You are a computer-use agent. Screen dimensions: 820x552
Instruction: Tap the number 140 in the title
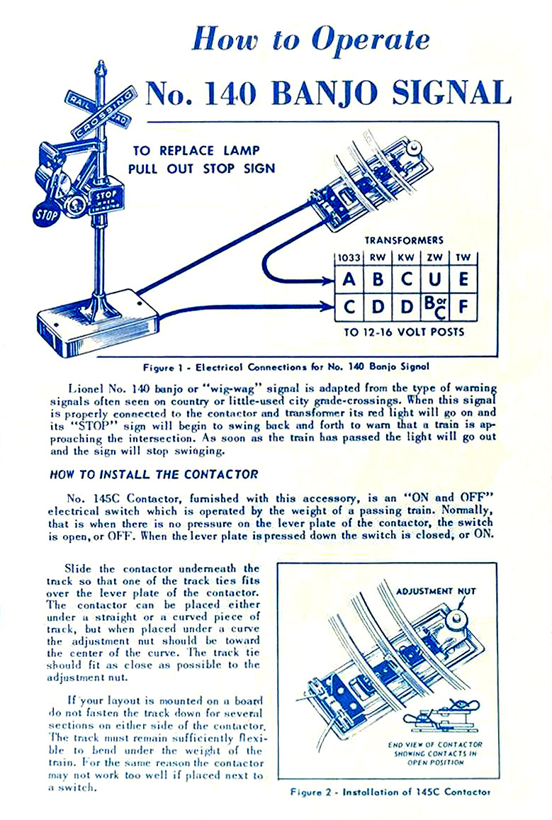[224, 93]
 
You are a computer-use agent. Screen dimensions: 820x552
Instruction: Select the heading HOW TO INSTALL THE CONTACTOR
[154, 474]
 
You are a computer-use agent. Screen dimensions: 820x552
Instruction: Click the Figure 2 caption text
[390, 792]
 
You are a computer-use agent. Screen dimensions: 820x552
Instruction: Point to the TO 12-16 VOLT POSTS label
[405, 332]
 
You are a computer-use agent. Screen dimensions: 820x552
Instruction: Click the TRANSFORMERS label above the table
[405, 241]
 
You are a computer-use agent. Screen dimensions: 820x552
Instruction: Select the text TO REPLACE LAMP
[196, 150]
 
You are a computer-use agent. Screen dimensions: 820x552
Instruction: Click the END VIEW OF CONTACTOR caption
[436, 744]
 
